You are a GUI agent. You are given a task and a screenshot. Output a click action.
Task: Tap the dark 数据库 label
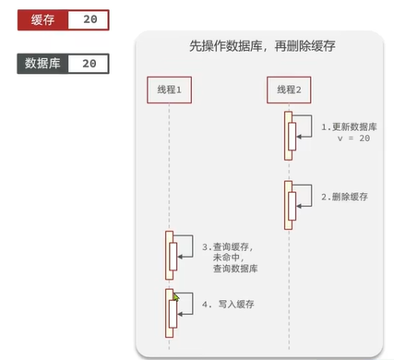43,64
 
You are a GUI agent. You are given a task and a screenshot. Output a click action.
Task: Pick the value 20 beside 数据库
89,64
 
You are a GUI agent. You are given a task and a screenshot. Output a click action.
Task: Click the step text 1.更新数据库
348,126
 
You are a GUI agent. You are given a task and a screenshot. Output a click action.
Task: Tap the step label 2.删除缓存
344,197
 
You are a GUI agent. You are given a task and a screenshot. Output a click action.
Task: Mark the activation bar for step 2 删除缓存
290,201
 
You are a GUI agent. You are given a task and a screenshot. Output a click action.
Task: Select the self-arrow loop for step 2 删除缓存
304,196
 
